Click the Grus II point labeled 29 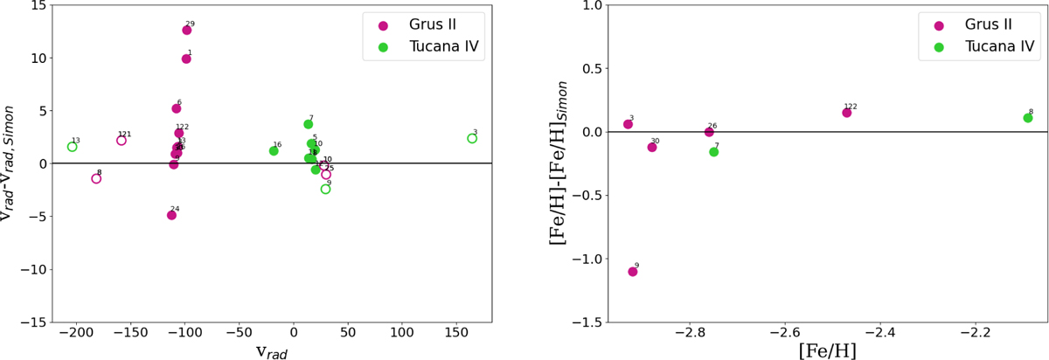[x=186, y=31]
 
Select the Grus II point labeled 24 [x=171, y=215]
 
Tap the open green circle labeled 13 [x=72, y=147]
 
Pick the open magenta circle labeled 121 [x=122, y=141]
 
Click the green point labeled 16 [x=274, y=151]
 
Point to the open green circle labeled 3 [x=472, y=138]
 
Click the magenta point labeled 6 [x=177, y=108]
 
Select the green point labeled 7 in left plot [x=308, y=124]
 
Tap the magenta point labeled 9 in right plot [x=633, y=272]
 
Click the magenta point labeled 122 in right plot [x=846, y=113]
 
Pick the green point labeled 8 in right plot [x=1028, y=118]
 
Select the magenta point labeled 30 [x=652, y=147]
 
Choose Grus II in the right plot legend [x=987, y=24]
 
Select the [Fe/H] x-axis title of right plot [x=827, y=350]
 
